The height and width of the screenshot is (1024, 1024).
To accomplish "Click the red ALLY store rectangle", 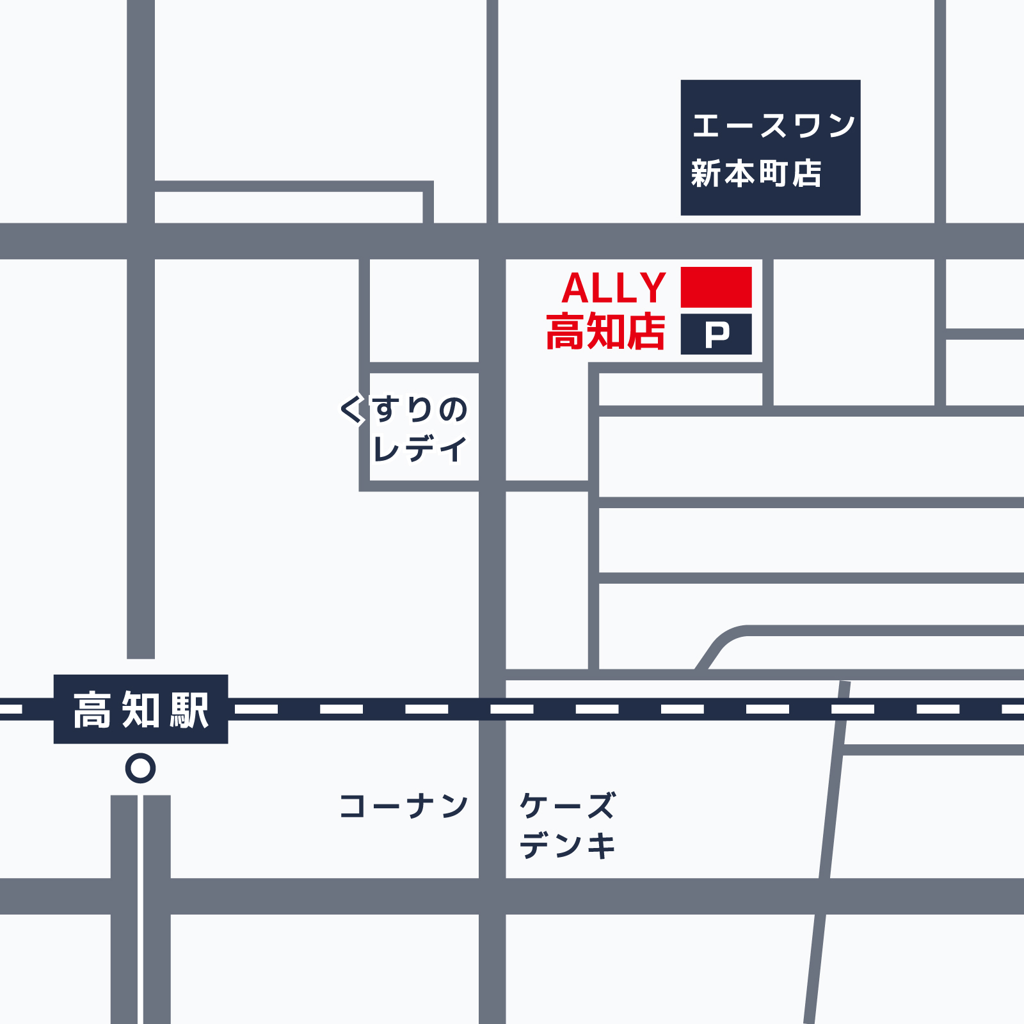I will click(x=716, y=287).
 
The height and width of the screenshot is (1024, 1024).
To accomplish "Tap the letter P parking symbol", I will click(x=717, y=334).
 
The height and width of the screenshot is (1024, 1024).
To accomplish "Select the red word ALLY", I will click(x=614, y=288).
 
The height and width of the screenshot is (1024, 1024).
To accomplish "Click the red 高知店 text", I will click(x=605, y=332).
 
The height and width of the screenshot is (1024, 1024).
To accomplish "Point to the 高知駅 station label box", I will click(x=141, y=709).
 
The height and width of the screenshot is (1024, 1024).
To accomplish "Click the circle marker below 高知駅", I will click(x=141, y=768).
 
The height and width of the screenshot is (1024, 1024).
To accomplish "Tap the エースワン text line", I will click(x=773, y=125).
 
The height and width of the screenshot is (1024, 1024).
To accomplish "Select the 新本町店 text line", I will click(x=756, y=173).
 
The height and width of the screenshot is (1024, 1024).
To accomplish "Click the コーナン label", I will click(x=404, y=806).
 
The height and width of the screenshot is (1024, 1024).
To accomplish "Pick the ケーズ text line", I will click(x=568, y=805).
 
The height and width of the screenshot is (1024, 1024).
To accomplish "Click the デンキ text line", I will click(x=568, y=845).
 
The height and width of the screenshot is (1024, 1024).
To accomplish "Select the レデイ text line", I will click(x=420, y=449).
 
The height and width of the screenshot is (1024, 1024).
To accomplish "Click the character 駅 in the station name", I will click(x=189, y=710).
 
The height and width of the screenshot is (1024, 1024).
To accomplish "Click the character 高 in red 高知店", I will click(x=565, y=332).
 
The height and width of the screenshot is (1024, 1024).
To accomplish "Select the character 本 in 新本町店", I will click(x=740, y=173).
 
